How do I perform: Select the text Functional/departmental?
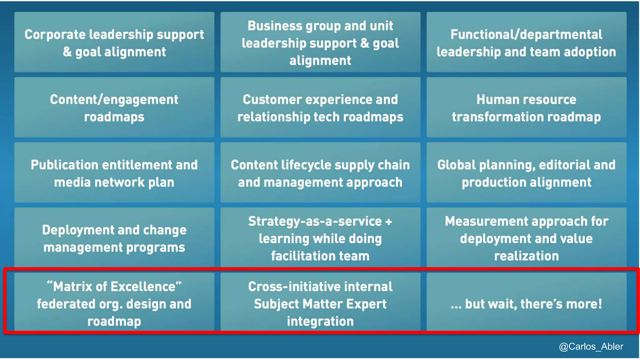(x=526, y=35)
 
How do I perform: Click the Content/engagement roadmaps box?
(x=114, y=107)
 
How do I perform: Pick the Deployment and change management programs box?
(x=114, y=238)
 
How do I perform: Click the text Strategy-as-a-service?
(x=315, y=222)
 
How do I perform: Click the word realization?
(x=526, y=256)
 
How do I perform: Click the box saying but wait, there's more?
(x=526, y=303)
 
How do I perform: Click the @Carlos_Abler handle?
(x=591, y=347)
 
